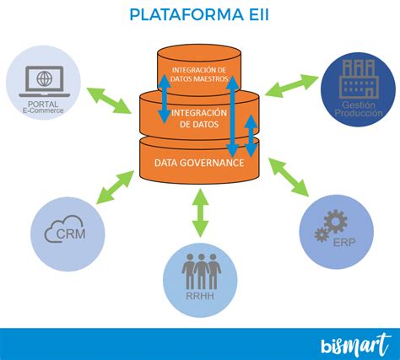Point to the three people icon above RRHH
(x=199, y=271)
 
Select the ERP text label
(x=343, y=242)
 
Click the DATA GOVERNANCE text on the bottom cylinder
(x=199, y=162)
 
